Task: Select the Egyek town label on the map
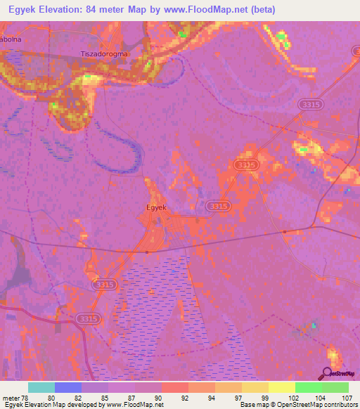pos(155,207)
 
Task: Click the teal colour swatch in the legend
pos(41,387)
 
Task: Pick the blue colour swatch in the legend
pos(68,387)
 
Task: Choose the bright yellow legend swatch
pos(282,387)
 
